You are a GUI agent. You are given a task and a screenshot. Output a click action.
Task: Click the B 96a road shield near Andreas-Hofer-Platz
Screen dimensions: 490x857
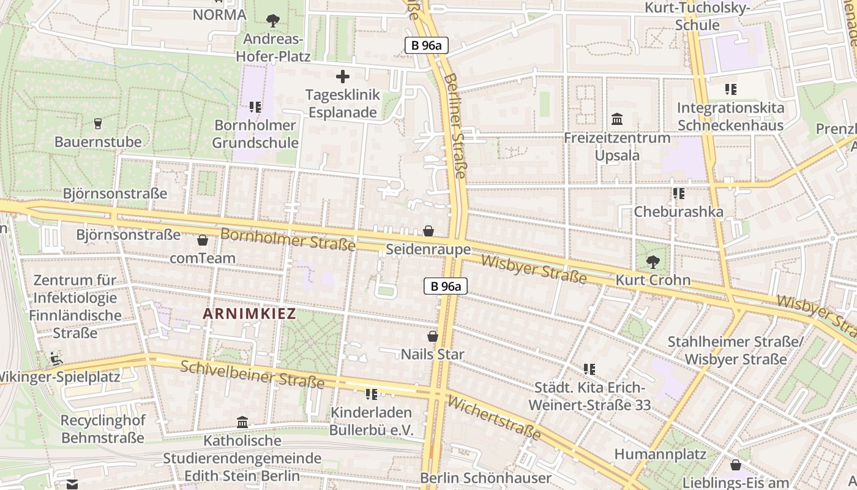(x=427, y=45)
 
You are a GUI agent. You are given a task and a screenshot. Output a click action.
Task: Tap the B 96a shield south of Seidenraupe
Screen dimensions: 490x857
(x=446, y=286)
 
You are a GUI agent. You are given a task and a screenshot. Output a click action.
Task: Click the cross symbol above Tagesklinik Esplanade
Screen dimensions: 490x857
(x=343, y=77)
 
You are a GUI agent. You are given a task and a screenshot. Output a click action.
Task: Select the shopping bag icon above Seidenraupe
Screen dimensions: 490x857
(x=428, y=231)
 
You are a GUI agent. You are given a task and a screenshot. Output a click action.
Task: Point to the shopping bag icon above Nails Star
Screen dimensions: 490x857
(x=433, y=336)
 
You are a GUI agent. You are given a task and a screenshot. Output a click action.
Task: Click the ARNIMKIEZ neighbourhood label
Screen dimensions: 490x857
(x=249, y=314)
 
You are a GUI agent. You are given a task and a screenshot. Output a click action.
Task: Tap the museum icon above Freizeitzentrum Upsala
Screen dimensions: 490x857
(x=617, y=119)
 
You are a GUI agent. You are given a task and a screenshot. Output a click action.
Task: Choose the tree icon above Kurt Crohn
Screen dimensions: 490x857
(x=653, y=262)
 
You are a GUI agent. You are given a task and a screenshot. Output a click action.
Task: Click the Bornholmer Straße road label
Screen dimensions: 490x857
(x=288, y=239)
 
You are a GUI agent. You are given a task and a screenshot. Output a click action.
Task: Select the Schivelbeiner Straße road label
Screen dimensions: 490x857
(x=252, y=374)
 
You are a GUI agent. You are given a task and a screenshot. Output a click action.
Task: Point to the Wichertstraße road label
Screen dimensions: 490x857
(x=494, y=418)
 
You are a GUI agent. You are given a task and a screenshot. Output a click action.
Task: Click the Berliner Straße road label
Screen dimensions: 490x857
(x=456, y=126)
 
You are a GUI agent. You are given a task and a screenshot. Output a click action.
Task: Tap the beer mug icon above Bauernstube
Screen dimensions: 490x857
(x=97, y=124)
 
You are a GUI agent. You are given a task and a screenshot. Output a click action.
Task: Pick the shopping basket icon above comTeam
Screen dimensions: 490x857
(x=202, y=240)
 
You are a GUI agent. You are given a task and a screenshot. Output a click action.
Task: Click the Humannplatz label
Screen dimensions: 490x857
(x=660, y=454)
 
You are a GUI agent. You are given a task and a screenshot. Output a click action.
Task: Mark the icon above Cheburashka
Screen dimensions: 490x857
(x=678, y=194)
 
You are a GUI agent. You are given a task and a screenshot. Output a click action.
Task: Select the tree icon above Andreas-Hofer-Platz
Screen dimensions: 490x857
(x=273, y=21)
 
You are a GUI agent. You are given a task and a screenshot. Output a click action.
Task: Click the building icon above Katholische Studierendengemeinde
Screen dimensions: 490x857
(x=242, y=422)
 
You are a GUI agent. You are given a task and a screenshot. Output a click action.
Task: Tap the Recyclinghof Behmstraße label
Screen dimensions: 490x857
(x=103, y=429)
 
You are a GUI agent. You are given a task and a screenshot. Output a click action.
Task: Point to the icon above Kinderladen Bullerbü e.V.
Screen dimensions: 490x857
(x=371, y=394)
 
